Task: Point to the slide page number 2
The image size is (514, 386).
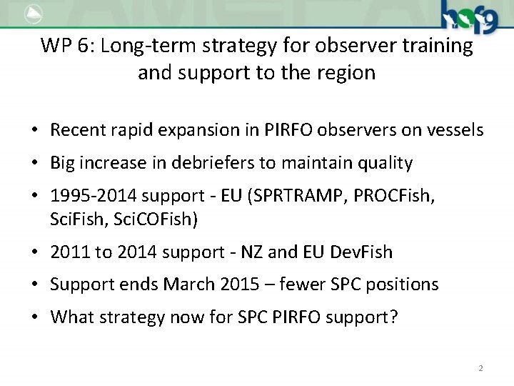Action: click(480, 368)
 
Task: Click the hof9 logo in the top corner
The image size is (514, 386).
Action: click(469, 16)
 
